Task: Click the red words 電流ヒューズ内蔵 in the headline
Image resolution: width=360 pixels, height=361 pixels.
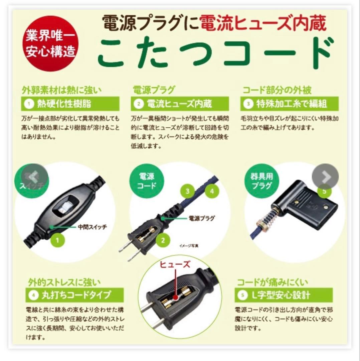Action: [262, 24]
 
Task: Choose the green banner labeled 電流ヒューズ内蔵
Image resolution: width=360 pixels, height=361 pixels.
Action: [181, 104]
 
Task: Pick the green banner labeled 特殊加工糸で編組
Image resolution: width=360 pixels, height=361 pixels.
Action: [289, 104]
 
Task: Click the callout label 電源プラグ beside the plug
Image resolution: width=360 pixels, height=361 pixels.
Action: [202, 218]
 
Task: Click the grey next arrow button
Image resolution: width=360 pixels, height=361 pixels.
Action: [325, 177]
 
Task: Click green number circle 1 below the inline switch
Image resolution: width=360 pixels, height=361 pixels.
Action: [57, 239]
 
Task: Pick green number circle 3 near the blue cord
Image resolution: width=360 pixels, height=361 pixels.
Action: [188, 191]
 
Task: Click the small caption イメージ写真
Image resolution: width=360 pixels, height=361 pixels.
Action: [189, 246]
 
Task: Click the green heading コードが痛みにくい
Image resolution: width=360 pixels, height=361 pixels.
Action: [273, 282]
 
